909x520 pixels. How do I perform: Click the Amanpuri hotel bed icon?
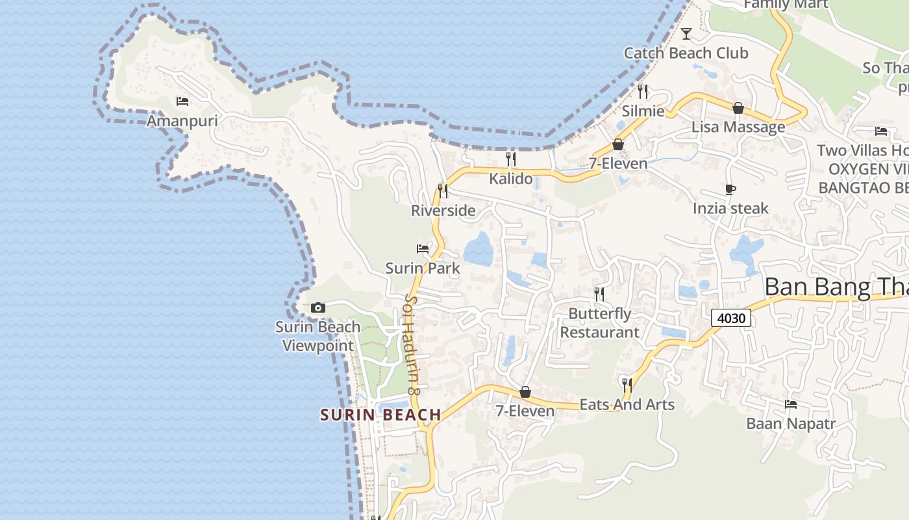(x=182, y=101)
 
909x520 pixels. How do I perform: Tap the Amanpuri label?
(x=182, y=121)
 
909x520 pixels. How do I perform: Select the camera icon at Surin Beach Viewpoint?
(x=318, y=307)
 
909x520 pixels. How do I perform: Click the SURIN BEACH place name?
(x=380, y=415)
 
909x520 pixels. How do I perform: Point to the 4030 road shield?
(x=731, y=318)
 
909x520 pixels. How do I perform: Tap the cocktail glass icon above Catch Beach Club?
(x=686, y=33)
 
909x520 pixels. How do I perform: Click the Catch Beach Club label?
(x=686, y=53)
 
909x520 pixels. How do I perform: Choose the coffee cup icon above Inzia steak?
(x=730, y=189)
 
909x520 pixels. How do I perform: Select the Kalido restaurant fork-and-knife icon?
(x=511, y=159)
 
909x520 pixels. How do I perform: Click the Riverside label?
(x=443, y=211)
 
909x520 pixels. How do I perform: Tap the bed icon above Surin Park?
(x=423, y=248)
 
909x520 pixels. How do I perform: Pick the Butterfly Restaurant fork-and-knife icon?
(x=599, y=294)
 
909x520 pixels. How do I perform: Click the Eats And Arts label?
(x=627, y=404)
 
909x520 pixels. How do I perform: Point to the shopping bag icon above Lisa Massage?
(x=738, y=108)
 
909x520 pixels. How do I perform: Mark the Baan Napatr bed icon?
(x=791, y=404)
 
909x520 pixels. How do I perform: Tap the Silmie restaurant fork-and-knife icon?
(x=643, y=91)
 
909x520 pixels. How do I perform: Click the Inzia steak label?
(x=730, y=209)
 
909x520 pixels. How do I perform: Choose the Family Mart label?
(x=786, y=5)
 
